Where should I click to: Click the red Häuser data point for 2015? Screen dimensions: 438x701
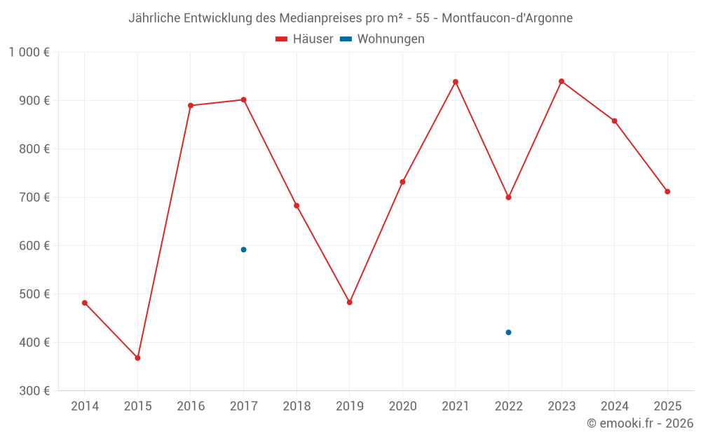[x=137, y=358]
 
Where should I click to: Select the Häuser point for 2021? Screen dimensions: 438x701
[x=456, y=82]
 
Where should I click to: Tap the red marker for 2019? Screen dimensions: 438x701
[x=350, y=303]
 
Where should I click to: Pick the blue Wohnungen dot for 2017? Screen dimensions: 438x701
[x=243, y=249]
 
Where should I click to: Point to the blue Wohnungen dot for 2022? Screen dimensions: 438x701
[x=508, y=332]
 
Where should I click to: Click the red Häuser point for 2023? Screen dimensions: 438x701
[x=562, y=81]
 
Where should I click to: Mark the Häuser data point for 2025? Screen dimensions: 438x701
[x=667, y=191]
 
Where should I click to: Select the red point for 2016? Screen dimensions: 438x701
[x=191, y=106]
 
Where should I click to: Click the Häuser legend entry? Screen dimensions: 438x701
[x=304, y=39]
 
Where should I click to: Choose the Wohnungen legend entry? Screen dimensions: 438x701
[x=383, y=39]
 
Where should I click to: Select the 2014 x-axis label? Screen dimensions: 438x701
[x=85, y=406]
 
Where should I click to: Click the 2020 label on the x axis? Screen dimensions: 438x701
[x=402, y=406]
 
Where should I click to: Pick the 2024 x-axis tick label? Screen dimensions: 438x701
[x=615, y=406]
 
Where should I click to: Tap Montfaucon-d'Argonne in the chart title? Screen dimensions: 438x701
[x=507, y=18]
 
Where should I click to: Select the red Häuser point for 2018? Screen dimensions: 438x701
[x=297, y=206]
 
